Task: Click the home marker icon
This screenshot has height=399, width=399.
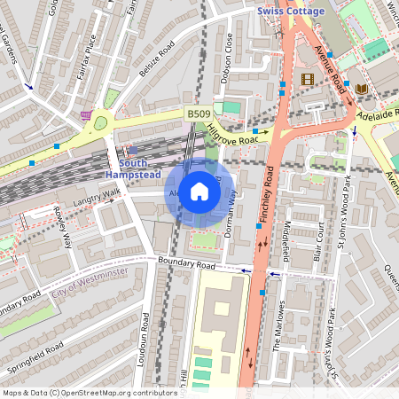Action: point(199,192)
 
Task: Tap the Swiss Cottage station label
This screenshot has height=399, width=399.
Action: point(291,11)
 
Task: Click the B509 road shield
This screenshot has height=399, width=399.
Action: point(199,115)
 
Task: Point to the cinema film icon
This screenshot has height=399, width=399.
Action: point(308,79)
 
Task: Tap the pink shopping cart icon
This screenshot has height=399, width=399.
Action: point(86,115)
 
